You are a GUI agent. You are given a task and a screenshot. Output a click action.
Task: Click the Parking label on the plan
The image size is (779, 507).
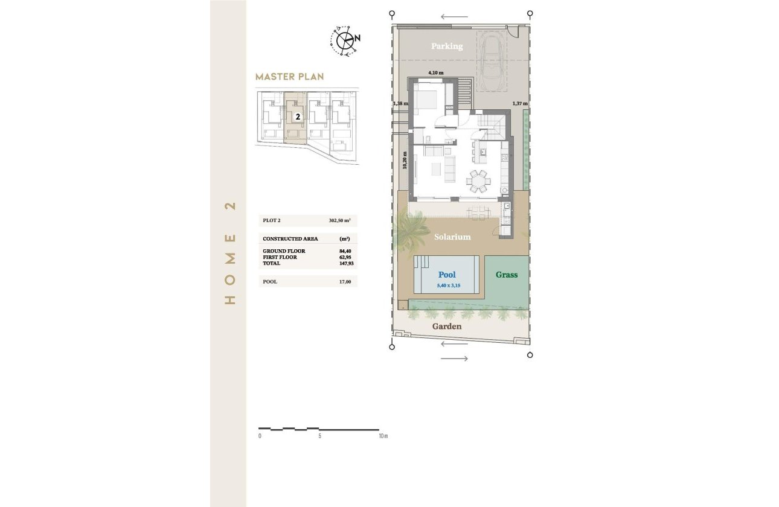pyautogui.click(x=447, y=46)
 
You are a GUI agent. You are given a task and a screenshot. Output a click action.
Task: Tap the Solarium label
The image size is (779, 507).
pyautogui.click(x=452, y=237)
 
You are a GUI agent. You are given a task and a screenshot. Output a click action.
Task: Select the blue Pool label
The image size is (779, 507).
pyautogui.click(x=447, y=275)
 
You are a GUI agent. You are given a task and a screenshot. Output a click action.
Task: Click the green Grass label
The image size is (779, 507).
pyautogui.click(x=507, y=275)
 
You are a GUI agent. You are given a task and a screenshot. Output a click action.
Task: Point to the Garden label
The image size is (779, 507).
pyautogui.click(x=447, y=327)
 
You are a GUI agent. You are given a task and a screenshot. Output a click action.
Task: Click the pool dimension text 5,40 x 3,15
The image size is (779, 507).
pyautogui.click(x=447, y=286)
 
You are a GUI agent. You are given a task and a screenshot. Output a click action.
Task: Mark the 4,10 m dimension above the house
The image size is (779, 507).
pyautogui.click(x=436, y=73)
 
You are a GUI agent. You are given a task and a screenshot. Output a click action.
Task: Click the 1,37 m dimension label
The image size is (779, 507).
pyautogui.click(x=520, y=104)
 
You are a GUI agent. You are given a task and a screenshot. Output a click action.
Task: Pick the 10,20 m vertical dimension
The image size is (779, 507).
pyautogui.click(x=405, y=161)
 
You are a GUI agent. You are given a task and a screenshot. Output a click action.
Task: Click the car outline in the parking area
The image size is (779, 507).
pyautogui.click(x=493, y=60)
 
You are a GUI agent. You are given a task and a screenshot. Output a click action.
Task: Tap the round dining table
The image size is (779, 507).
pyautogui.click(x=478, y=180)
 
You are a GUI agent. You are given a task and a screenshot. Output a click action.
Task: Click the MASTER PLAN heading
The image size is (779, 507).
pyautogui.click(x=289, y=77)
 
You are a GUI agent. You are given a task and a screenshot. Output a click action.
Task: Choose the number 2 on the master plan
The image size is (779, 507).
pyautogui.click(x=298, y=117)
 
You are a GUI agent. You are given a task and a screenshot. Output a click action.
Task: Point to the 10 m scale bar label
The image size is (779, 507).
pyautogui.click(x=382, y=436)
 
